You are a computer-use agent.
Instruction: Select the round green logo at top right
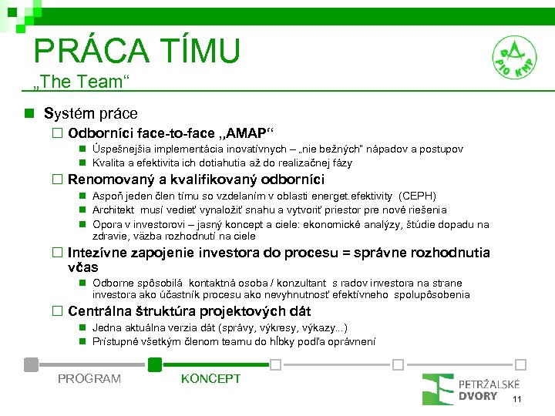click(x=515, y=56)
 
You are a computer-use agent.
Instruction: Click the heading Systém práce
click(x=90, y=114)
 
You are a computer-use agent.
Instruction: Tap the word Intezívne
click(x=96, y=253)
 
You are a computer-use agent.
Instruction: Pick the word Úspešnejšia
click(x=122, y=149)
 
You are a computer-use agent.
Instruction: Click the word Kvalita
click(x=109, y=163)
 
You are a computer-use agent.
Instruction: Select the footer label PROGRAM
click(x=89, y=378)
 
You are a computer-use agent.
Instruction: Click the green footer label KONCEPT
click(x=210, y=378)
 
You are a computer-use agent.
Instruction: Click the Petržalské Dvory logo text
click(x=489, y=390)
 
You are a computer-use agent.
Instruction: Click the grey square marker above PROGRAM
click(x=31, y=364)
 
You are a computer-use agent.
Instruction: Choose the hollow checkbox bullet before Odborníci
click(x=56, y=133)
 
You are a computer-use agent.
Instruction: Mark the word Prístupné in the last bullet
click(x=115, y=341)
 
